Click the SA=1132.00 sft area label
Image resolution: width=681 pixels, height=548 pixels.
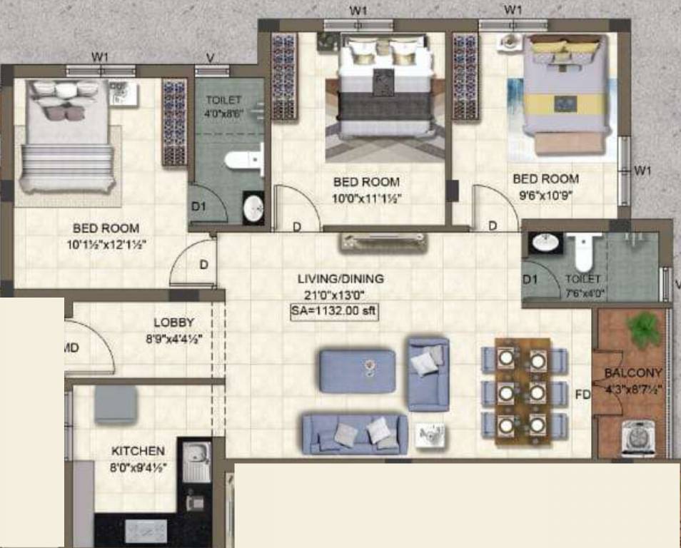(x=334, y=310)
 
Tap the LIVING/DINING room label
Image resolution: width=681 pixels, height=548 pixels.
(x=340, y=279)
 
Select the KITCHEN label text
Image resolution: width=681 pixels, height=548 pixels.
(x=138, y=451)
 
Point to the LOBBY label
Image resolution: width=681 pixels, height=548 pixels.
(x=173, y=323)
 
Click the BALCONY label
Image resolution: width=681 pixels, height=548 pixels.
(x=632, y=372)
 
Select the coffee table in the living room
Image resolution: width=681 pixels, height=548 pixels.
(x=358, y=370)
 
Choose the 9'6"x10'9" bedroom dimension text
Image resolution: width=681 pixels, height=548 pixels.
(x=545, y=193)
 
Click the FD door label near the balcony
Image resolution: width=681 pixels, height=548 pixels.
(x=583, y=394)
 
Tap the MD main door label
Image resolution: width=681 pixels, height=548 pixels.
(x=71, y=347)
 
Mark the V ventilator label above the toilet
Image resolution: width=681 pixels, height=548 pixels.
(x=210, y=57)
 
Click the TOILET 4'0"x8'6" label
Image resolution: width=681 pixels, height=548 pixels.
(x=223, y=106)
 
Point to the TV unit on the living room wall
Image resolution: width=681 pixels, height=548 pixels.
(x=385, y=241)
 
